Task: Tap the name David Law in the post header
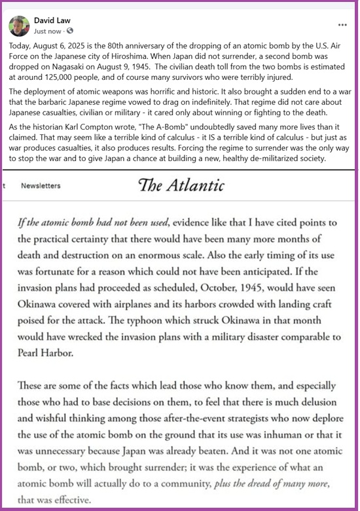(52, 20)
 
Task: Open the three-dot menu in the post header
(342, 25)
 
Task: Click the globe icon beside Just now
(70, 31)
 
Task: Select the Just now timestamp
(48, 31)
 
